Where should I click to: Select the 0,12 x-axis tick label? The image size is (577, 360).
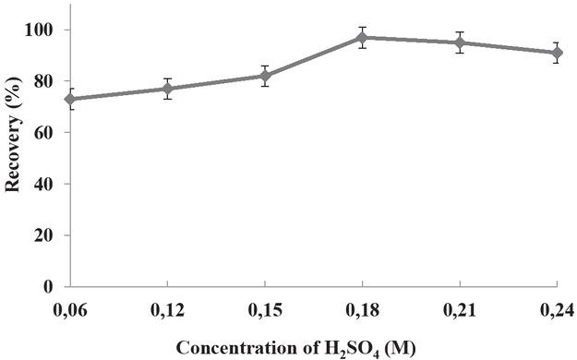(167, 307)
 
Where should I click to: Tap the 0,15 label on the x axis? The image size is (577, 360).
(265, 307)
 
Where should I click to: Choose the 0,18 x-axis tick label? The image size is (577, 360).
(363, 307)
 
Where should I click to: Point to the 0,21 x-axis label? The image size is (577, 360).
(460, 307)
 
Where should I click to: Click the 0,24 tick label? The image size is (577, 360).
(558, 307)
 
